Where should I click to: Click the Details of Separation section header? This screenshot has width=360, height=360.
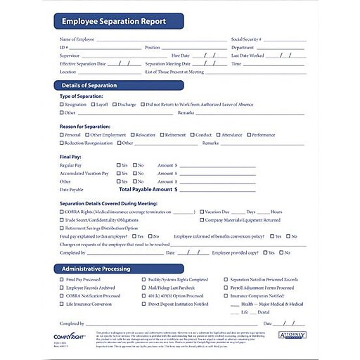(x=88, y=86)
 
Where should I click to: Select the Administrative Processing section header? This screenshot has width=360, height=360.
(x=96, y=269)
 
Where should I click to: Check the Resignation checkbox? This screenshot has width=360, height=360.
(x=62, y=104)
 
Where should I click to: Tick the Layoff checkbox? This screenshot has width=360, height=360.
(x=93, y=104)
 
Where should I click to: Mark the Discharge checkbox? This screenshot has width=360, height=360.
(x=115, y=104)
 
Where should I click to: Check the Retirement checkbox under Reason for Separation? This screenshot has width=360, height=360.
(x=162, y=135)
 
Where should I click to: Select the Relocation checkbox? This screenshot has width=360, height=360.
(x=132, y=135)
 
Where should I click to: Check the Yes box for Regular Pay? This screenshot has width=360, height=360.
(x=118, y=165)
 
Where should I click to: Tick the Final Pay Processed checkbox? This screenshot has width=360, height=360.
(x=62, y=279)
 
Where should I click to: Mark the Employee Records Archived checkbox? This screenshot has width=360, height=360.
(x=62, y=288)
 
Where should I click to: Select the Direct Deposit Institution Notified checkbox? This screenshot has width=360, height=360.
(x=143, y=304)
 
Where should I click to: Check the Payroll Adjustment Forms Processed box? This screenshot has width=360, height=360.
(x=226, y=288)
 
